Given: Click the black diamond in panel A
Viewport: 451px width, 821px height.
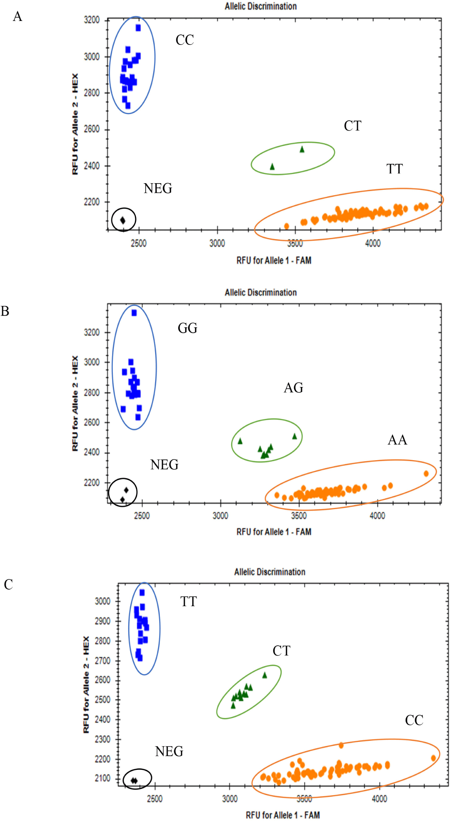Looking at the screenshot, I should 123,220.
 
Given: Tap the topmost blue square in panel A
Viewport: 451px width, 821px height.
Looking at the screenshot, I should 138,28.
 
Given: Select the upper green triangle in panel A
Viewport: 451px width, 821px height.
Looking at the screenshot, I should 302,149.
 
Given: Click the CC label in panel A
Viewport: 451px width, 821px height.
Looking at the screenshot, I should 185,40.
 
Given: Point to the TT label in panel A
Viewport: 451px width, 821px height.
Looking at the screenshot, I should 394,169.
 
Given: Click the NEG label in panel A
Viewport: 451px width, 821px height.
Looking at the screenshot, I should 158,188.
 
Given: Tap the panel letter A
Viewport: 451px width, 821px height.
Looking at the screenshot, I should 17,17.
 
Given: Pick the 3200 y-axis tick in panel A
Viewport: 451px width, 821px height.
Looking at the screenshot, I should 92,20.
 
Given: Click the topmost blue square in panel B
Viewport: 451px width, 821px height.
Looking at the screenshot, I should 134,313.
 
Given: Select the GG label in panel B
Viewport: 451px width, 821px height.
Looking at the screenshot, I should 187,328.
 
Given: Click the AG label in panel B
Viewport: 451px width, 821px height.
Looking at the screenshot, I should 293,388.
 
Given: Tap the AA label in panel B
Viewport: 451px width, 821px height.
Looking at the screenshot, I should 397,440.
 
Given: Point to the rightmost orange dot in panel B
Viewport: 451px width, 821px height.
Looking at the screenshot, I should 426,473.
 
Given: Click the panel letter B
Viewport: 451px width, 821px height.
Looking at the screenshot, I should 5,311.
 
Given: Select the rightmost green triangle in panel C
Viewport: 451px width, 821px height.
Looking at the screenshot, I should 265,675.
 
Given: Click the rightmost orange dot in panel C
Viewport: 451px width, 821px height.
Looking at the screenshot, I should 433,758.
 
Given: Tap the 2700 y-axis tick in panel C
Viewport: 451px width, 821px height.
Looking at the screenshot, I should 103,661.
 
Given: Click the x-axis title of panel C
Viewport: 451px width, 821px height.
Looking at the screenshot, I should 283,815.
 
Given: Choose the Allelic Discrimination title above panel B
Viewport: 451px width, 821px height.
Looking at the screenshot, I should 261,293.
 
